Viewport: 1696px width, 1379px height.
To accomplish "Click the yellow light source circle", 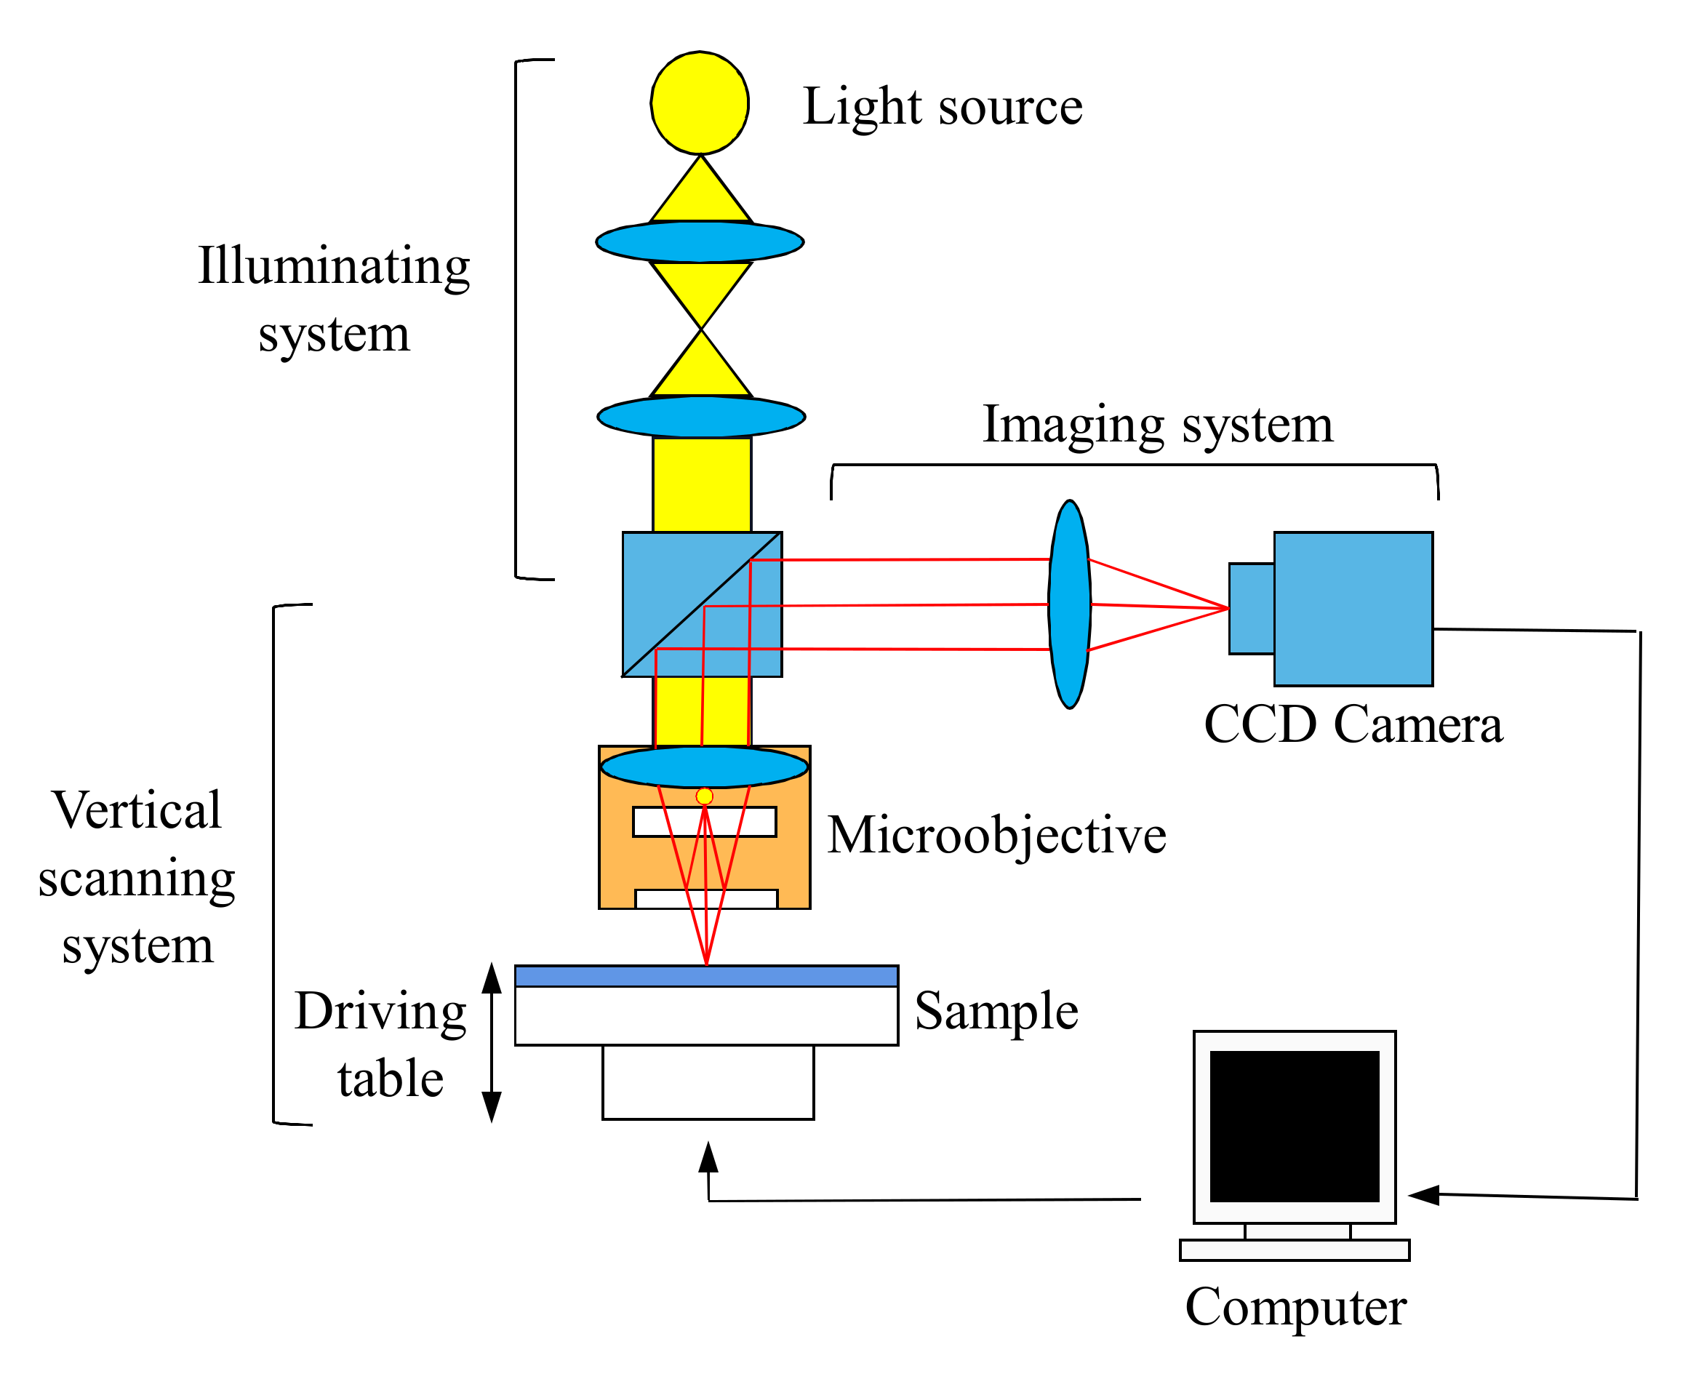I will tap(699, 103).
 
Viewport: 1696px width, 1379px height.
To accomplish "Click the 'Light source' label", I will tap(942, 106).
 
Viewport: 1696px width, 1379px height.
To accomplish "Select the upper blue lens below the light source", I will tap(699, 241).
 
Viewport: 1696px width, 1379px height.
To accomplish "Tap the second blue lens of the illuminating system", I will tap(700, 416).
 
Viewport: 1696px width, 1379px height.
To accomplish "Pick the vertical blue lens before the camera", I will tap(1069, 604).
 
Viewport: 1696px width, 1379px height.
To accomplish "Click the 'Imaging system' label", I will tap(1157, 424).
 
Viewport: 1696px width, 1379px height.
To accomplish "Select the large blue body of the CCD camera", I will tap(1353, 609).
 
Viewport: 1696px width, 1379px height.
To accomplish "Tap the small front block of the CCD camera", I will tap(1251, 609).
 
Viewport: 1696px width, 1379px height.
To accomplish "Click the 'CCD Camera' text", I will tap(1353, 724).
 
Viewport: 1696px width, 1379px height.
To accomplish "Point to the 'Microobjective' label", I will tap(996, 836).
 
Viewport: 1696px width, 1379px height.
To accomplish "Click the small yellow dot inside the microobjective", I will tap(704, 796).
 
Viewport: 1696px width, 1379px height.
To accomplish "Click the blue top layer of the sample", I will tap(705, 976).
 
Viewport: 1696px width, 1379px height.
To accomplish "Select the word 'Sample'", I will tap(996, 1011).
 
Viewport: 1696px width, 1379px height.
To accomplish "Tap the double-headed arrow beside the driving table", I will tap(492, 1042).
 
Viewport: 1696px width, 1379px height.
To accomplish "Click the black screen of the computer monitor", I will tap(1294, 1127).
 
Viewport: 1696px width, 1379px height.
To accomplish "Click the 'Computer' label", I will tap(1295, 1308).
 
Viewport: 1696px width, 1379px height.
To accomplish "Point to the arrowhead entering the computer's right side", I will tap(1423, 1195).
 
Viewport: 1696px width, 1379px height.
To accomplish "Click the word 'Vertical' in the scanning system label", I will tap(137, 810).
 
